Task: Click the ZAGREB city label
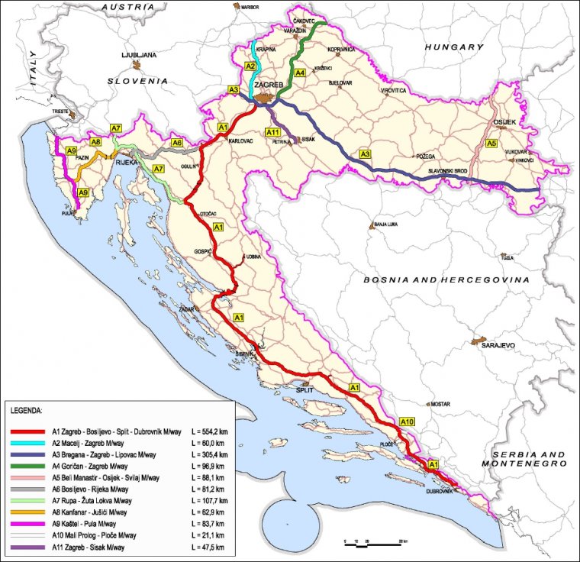coord(269,85)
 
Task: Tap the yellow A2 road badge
coord(250,67)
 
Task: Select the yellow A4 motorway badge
coord(301,73)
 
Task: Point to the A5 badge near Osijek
coord(492,143)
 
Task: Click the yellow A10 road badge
coord(408,422)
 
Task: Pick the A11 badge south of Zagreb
coord(272,132)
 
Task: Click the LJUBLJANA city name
coord(139,56)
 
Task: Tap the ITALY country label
coord(33,68)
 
